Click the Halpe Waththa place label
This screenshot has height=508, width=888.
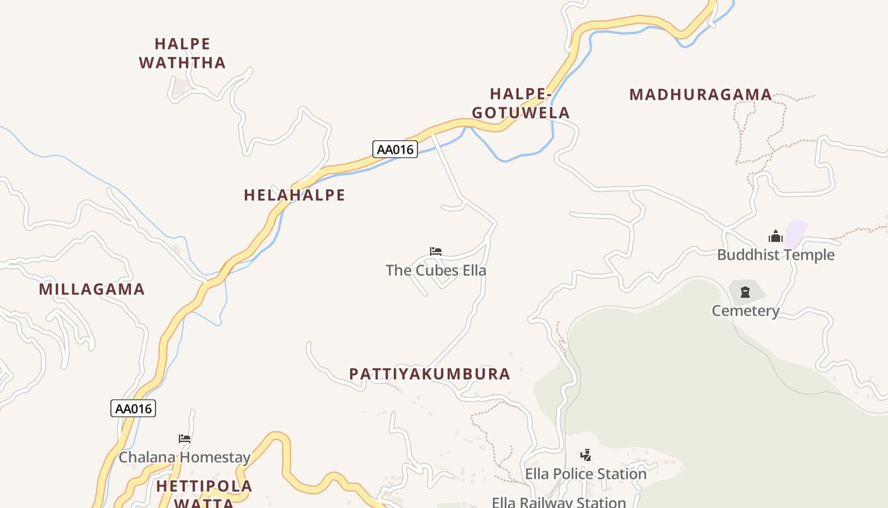click(183, 53)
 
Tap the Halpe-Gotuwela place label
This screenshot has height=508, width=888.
click(521, 104)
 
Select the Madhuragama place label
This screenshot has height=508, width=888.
click(700, 95)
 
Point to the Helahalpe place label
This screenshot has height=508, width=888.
click(294, 195)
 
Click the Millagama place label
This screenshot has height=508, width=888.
click(92, 290)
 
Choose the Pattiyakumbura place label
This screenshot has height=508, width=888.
click(429, 374)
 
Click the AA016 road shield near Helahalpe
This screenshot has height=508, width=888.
click(395, 150)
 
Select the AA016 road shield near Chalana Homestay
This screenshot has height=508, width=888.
click(133, 408)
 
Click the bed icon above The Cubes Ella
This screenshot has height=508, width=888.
click(435, 251)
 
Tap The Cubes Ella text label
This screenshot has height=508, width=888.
click(436, 271)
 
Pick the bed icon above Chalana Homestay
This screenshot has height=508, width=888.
click(185, 439)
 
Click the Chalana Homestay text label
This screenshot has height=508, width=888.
click(185, 457)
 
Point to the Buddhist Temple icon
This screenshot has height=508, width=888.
click(775, 237)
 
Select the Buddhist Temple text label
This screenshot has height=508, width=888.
click(776, 255)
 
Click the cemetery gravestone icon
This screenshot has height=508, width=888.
click(745, 293)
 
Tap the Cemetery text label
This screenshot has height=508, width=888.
click(745, 311)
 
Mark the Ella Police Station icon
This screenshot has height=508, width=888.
click(585, 455)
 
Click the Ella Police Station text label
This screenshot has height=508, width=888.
click(585, 474)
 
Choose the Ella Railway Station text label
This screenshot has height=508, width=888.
click(559, 502)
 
